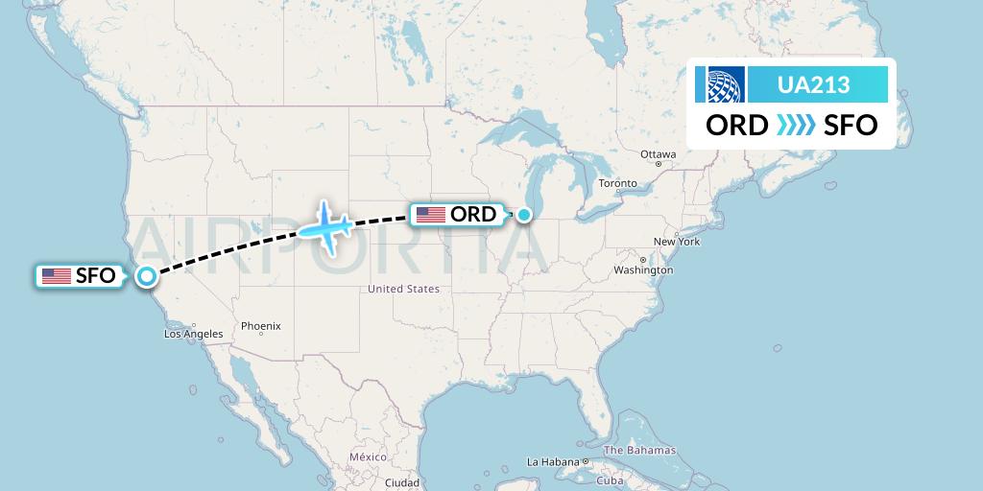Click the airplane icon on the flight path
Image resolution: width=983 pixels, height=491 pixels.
point(325,228)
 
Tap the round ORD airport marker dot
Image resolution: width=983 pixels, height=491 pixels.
point(524,215)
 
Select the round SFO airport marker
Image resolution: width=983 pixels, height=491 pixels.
point(146,276)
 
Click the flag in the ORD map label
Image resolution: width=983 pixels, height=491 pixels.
point(430,215)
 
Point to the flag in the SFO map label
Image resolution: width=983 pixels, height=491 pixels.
point(57,276)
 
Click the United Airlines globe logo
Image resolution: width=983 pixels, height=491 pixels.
point(725,84)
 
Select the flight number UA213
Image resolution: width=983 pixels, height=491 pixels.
point(813,84)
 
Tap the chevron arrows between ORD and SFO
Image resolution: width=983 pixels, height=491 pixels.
point(795,126)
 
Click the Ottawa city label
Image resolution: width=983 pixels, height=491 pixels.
point(659,154)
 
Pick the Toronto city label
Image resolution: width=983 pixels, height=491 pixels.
point(617,183)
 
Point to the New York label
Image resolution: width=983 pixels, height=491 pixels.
point(677,242)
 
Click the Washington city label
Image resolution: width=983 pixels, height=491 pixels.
point(644,270)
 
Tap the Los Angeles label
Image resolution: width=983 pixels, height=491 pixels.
point(194,334)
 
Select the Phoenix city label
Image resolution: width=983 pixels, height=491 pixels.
point(261,326)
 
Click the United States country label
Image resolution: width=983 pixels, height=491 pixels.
point(404,289)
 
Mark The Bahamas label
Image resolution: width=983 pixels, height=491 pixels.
point(639,450)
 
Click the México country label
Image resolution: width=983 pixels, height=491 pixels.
point(368,457)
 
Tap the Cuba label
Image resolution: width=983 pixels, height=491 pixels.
point(611,480)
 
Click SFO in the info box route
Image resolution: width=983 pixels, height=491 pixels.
point(850,126)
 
